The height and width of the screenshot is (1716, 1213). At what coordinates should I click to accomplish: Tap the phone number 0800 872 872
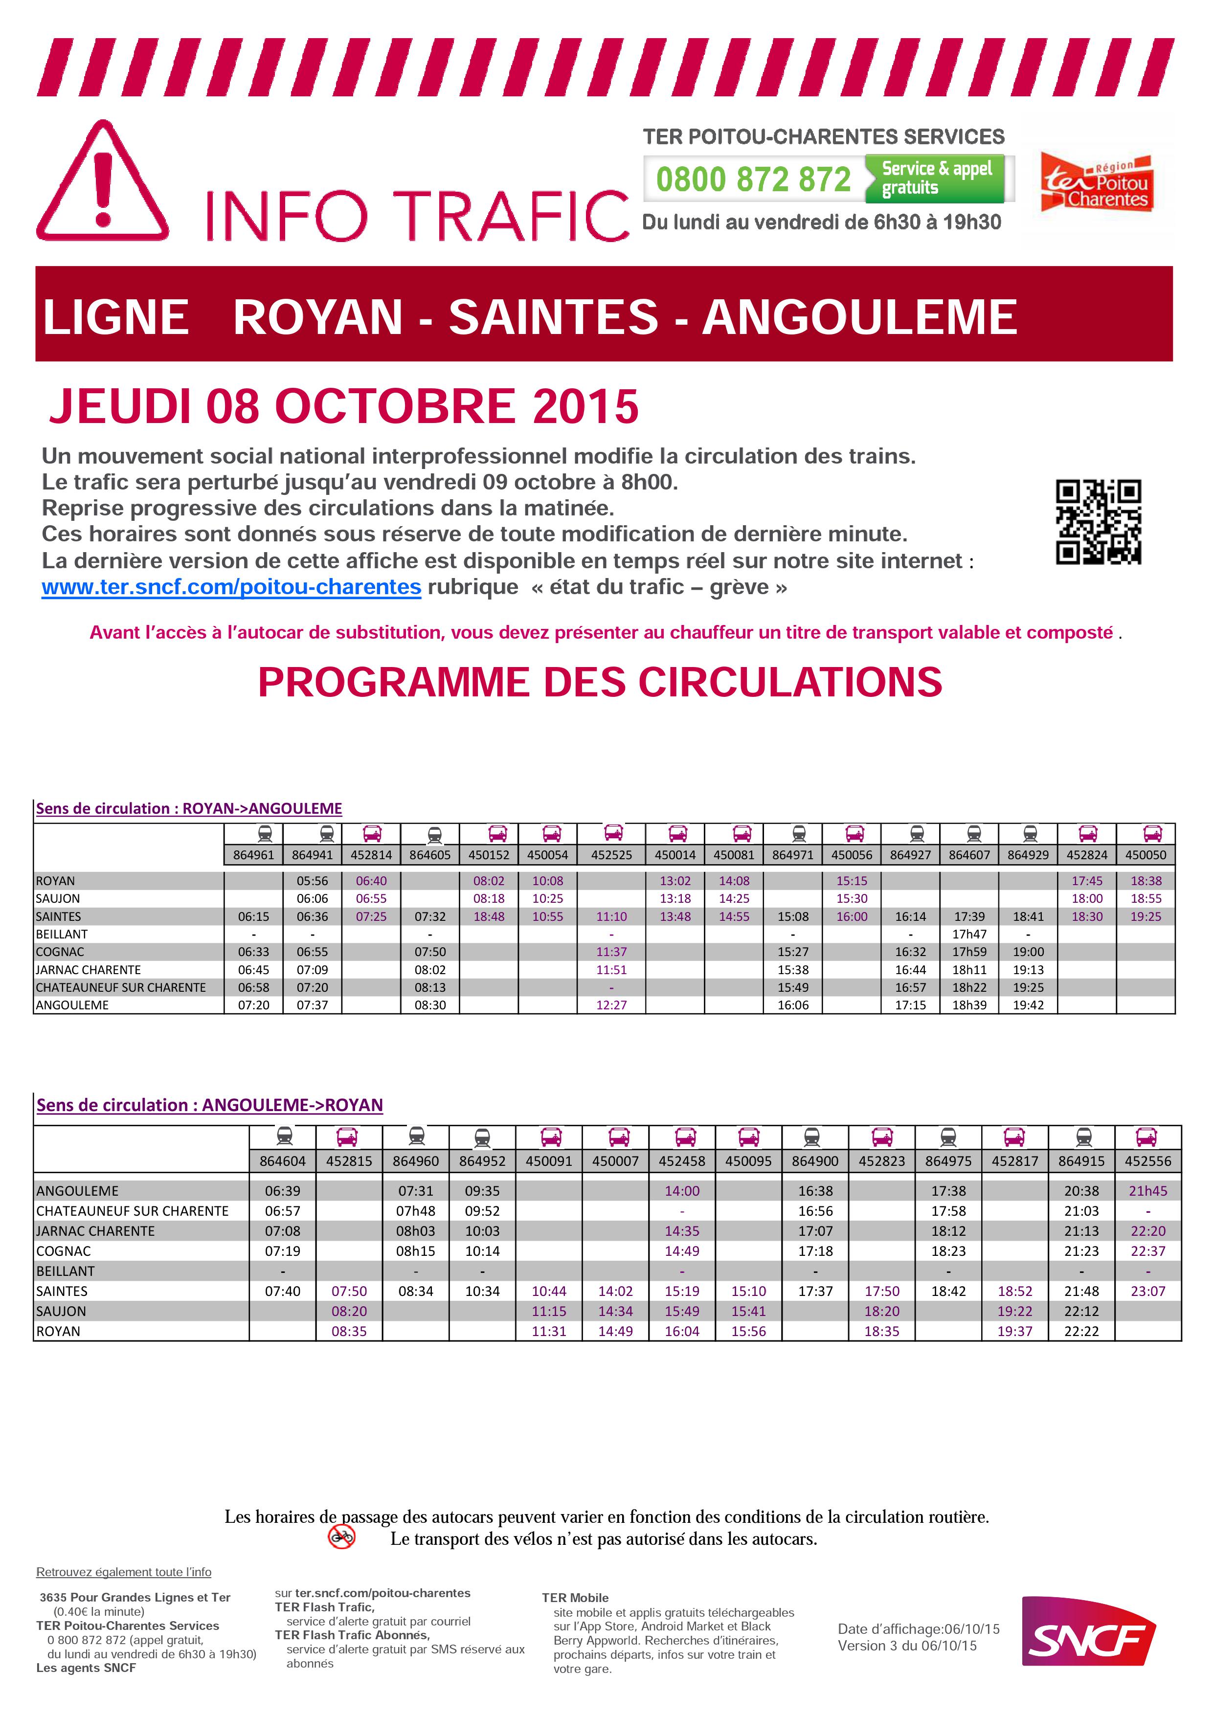tap(753, 179)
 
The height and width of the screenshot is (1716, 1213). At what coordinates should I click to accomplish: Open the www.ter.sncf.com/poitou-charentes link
tap(231, 587)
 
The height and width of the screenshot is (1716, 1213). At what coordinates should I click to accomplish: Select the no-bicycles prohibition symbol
tap(341, 1537)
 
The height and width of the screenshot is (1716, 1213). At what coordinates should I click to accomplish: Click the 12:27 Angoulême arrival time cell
tap(611, 1005)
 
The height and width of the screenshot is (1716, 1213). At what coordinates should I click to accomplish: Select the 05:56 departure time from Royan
tap(313, 881)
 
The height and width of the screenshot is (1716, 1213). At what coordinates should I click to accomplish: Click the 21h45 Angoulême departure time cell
tap(1147, 1191)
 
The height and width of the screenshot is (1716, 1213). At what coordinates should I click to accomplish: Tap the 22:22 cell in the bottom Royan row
tap(1081, 1331)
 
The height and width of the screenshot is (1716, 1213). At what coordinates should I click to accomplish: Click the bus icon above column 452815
tap(348, 1137)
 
